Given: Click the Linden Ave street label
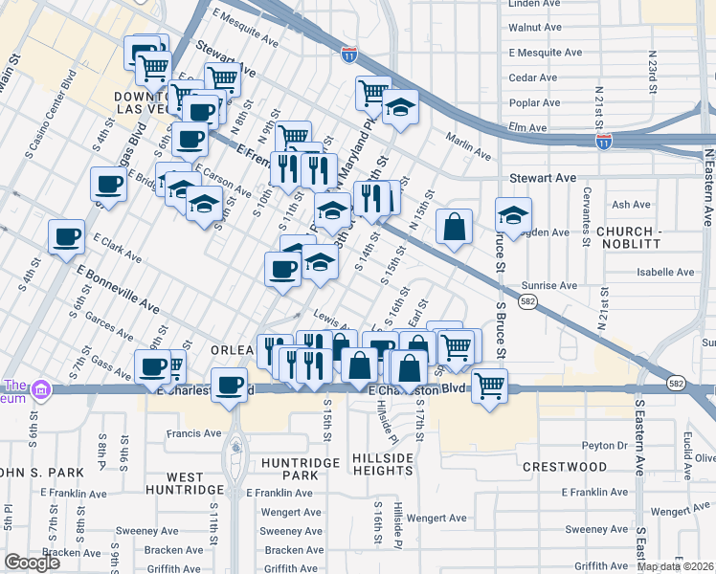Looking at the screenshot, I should pyautogui.click(x=537, y=4).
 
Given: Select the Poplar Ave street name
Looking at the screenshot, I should pyautogui.click(x=534, y=101).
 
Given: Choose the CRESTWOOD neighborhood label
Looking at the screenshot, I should pyautogui.click(x=565, y=467).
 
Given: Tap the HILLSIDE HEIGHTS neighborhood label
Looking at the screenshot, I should pyautogui.click(x=382, y=465).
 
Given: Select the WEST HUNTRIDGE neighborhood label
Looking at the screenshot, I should pyautogui.click(x=185, y=483).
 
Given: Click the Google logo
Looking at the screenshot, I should pyautogui.click(x=32, y=563).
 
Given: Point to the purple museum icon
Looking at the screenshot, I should pyautogui.click(x=40, y=389).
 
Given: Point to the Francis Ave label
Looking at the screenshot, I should pyautogui.click(x=193, y=433).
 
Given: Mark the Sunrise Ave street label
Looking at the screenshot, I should pyautogui.click(x=549, y=285).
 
